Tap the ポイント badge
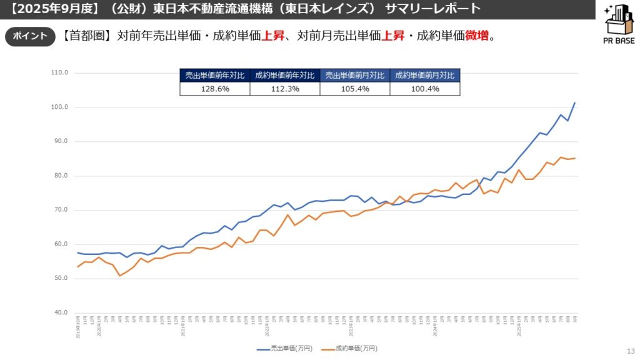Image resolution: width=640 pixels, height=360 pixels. (30, 36)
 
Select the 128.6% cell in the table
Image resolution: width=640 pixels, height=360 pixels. (215, 89)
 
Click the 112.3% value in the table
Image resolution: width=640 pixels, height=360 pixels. (285, 89)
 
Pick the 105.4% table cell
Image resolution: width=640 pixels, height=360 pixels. (355, 89)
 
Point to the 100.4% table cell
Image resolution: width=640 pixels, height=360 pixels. (425, 89)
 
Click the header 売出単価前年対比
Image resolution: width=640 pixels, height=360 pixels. (215, 76)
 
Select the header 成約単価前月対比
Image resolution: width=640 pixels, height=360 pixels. (425, 76)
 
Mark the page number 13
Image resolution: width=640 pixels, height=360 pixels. (629, 351)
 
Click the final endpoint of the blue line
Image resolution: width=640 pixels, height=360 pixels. (574, 102)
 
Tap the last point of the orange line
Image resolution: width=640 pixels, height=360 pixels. (574, 158)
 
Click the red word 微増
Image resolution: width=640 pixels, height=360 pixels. (476, 36)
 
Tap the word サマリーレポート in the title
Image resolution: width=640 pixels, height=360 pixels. (433, 9)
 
